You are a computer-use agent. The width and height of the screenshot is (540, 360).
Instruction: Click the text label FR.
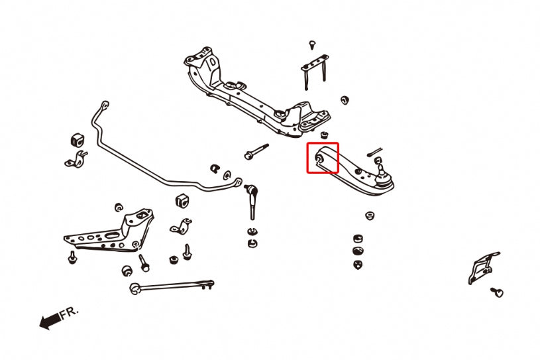pyautogui.click(x=70, y=313)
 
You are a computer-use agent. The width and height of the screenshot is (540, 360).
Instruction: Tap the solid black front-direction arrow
pyautogui.click(x=50, y=321)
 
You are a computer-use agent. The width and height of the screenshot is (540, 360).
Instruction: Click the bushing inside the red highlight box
pyautogui.click(x=319, y=158)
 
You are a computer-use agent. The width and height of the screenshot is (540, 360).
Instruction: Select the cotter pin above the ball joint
pyautogui.click(x=374, y=152)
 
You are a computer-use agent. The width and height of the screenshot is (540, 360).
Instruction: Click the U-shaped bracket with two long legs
pyautogui.click(x=315, y=72)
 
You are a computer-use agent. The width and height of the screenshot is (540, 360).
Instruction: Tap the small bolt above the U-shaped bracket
pyautogui.click(x=312, y=45)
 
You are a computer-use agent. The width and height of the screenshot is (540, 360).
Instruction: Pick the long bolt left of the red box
pyautogui.click(x=256, y=152)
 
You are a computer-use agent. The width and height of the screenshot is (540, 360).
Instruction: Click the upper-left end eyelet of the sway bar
pyautogui.click(x=105, y=104)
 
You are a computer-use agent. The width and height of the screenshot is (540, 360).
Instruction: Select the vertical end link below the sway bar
pyautogui.click(x=251, y=202)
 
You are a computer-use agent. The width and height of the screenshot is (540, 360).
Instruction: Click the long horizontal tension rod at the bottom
pyautogui.click(x=172, y=286)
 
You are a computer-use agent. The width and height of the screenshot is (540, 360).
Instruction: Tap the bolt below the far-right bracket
pyautogui.click(x=498, y=292)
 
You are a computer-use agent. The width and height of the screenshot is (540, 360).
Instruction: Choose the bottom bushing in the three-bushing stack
pyautogui.click(x=358, y=265)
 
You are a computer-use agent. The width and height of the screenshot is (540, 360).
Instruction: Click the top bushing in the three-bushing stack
pyautogui.click(x=358, y=238)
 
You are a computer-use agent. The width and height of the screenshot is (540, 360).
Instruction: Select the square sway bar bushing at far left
pyautogui.click(x=78, y=139)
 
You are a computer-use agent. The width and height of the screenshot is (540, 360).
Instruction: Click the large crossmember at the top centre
pyautogui.click(x=256, y=93)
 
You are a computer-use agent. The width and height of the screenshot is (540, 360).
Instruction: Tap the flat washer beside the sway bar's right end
pyautogui.click(x=227, y=175)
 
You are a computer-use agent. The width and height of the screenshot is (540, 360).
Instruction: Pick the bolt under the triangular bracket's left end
pyautogui.click(x=72, y=257)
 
